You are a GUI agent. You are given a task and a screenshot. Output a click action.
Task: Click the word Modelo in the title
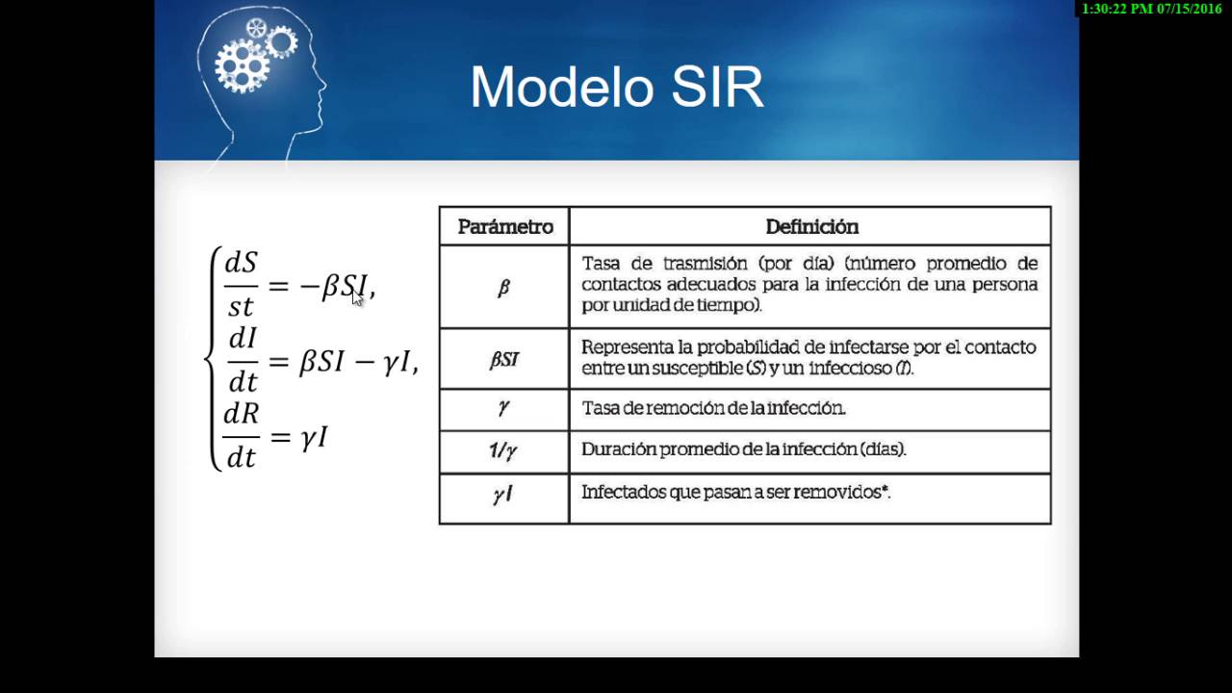(x=561, y=87)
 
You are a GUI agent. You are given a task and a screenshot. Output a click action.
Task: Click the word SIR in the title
(x=718, y=87)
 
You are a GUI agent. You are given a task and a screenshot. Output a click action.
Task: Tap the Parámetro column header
(x=505, y=227)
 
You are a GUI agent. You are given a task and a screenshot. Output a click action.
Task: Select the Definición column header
(x=811, y=227)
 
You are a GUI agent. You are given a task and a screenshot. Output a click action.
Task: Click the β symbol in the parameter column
(x=503, y=288)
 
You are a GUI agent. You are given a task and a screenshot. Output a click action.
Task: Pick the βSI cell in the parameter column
(x=503, y=360)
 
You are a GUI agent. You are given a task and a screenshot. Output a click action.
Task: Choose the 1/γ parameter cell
(x=503, y=451)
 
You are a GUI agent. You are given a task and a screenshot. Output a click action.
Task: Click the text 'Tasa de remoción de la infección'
(x=713, y=408)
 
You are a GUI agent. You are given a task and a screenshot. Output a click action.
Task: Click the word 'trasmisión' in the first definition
(x=706, y=264)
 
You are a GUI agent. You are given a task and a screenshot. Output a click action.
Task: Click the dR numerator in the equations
(x=241, y=413)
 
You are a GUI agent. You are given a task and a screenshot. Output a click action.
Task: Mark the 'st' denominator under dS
(x=241, y=307)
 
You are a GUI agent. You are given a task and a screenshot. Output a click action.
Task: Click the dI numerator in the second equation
(x=244, y=338)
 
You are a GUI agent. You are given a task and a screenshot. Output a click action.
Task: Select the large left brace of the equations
(x=213, y=359)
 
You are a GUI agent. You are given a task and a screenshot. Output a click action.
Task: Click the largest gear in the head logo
(x=242, y=66)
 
